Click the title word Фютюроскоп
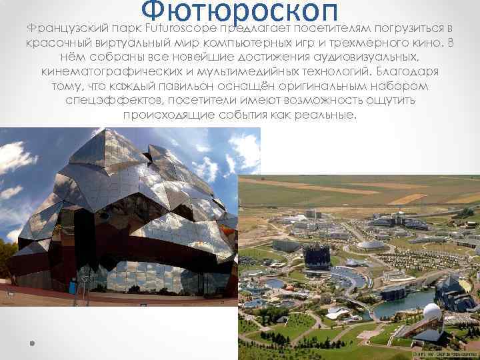240,12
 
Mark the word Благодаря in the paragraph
404,71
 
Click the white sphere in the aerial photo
431,312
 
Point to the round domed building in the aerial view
370,245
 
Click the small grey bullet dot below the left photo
31,345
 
